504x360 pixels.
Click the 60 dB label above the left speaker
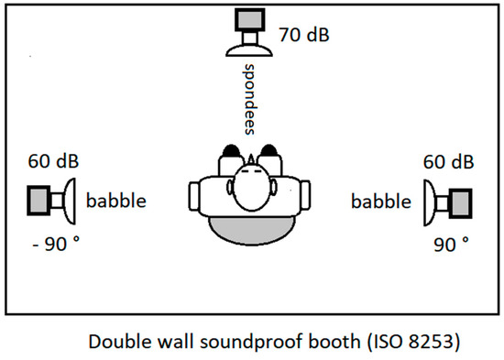click(x=53, y=162)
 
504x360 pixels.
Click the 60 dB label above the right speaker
click(x=449, y=162)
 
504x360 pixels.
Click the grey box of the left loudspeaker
click(x=40, y=199)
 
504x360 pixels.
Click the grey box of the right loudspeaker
click(x=461, y=199)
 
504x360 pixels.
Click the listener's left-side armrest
click(x=202, y=196)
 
